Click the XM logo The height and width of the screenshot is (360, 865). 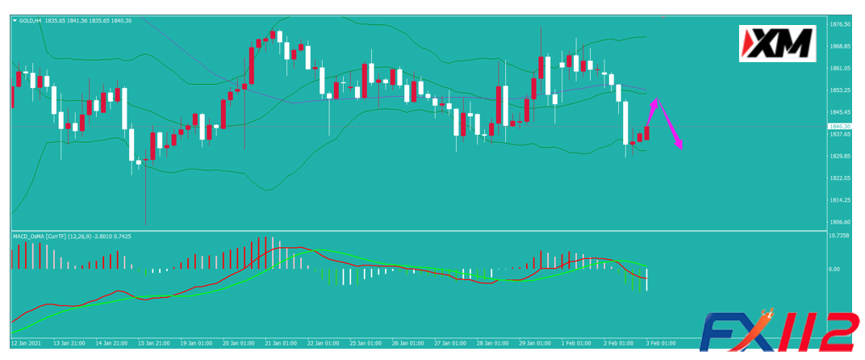(776, 44)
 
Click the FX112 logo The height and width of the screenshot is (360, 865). (778, 335)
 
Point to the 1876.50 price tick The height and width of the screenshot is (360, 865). (841, 25)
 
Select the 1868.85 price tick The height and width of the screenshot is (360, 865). (841, 47)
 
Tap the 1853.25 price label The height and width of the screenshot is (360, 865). (841, 90)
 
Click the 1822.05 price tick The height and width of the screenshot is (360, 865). (841, 178)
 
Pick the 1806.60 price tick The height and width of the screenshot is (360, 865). (841, 222)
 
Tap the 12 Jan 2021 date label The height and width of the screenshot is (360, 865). (24, 342)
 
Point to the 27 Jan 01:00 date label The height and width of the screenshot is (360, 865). (449, 342)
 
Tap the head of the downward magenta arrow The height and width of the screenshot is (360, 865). (682, 148)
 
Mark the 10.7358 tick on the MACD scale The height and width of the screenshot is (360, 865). (841, 236)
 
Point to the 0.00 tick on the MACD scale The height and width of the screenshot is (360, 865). (836, 269)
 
